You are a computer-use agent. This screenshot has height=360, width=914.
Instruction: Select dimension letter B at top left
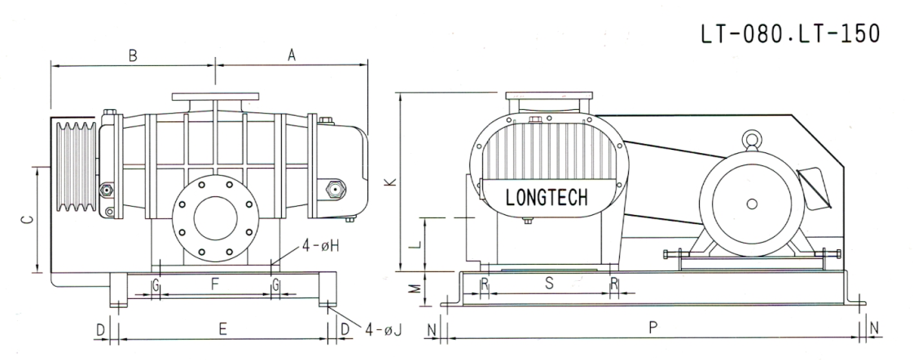132,55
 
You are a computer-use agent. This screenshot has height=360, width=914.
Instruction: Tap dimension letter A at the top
291,55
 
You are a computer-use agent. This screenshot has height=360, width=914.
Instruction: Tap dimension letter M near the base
415,288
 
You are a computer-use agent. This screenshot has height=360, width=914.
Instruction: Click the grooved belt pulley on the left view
74,168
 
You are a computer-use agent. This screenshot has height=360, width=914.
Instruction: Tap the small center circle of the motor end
751,204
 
